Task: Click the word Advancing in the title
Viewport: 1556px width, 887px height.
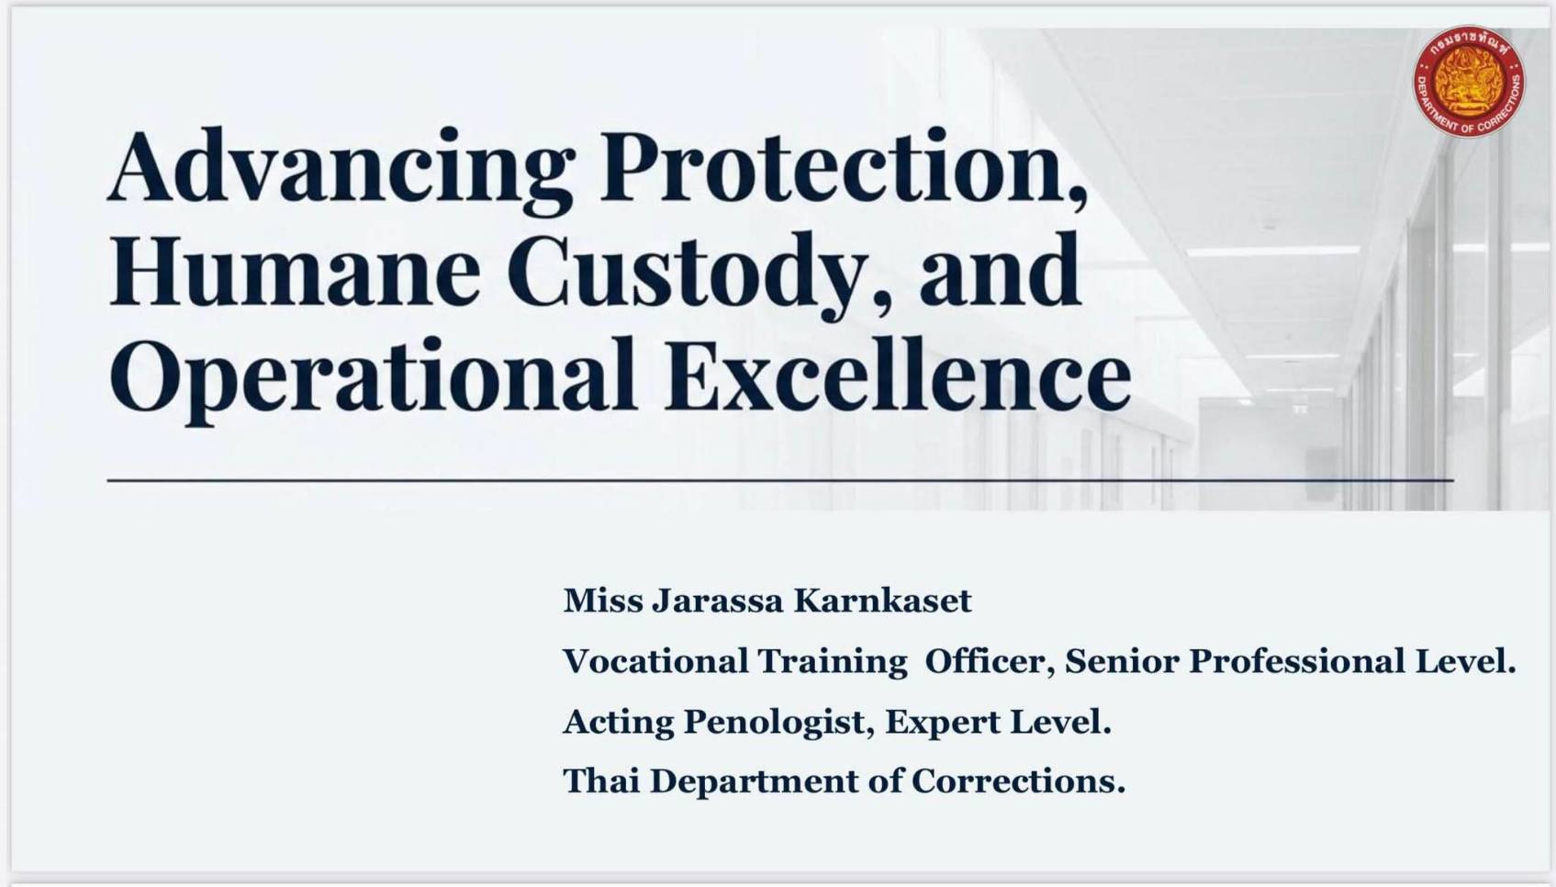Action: pyautogui.click(x=341, y=171)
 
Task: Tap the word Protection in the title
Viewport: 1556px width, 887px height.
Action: pyautogui.click(x=845, y=167)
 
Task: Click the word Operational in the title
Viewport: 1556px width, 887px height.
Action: pyautogui.click(x=373, y=379)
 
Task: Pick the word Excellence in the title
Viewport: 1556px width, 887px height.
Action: pyautogui.click(x=898, y=374)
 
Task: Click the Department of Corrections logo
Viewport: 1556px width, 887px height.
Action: pyautogui.click(x=1469, y=81)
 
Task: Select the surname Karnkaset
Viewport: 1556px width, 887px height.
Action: pyautogui.click(x=882, y=601)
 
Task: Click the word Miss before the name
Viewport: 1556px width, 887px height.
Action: pyautogui.click(x=603, y=601)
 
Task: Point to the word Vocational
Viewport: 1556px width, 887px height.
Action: pyautogui.click(x=655, y=660)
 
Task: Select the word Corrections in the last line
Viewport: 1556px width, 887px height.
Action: pyautogui.click(x=1018, y=780)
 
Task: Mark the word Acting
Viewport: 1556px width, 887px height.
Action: pyautogui.click(x=618, y=723)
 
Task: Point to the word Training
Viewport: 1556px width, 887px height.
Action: pyautogui.click(x=833, y=662)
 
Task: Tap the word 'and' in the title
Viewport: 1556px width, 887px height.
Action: pyautogui.click(x=1000, y=270)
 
